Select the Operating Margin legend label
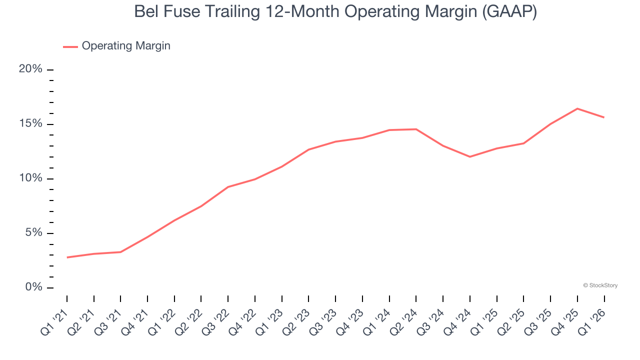pos(126,46)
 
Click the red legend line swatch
pos(70,46)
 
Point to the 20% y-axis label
pos(30,69)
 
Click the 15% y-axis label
pos(30,124)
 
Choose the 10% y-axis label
pos(30,178)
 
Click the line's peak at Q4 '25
pos(577,108)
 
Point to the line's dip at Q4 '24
pos(470,156)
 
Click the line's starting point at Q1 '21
pos(67,257)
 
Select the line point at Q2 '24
pos(416,129)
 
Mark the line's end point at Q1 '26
pos(604,117)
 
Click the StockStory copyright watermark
pos(600,285)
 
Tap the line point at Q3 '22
pos(228,187)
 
